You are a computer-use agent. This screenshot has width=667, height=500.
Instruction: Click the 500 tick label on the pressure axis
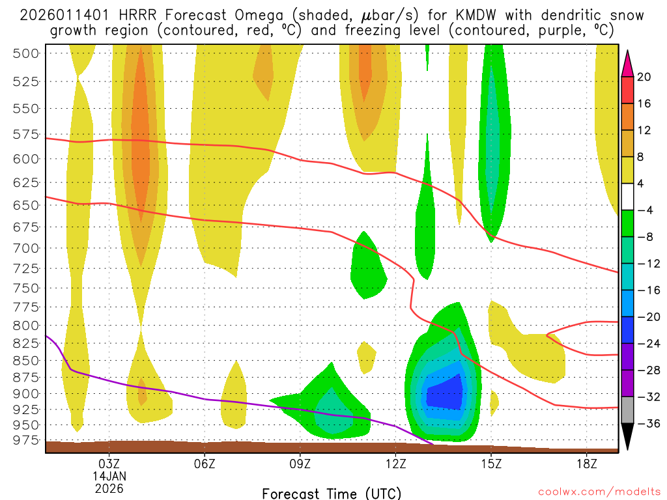26,53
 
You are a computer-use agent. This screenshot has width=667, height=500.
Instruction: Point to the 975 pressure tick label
26,440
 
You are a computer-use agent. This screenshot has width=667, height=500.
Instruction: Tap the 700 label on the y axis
26,248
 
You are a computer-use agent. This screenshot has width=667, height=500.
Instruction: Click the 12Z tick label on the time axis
395,464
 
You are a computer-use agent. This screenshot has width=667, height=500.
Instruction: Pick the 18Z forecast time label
587,464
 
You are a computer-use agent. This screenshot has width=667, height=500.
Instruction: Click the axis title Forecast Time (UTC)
332,493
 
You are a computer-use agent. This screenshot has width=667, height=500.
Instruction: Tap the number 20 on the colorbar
644,77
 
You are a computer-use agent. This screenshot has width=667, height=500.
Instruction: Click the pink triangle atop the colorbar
628,62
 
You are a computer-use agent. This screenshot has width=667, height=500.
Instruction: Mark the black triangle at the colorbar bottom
628,438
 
